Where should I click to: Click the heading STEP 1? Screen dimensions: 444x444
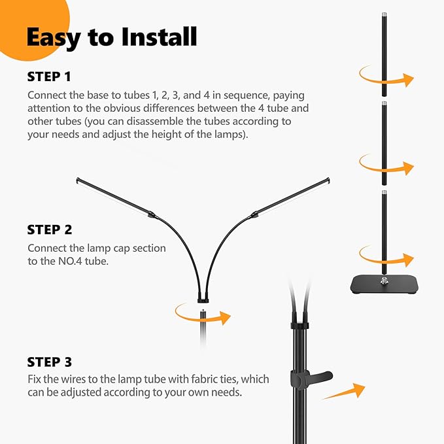[49, 77]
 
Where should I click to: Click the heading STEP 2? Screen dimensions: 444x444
[50, 230]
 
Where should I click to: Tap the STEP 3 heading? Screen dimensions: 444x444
[50, 362]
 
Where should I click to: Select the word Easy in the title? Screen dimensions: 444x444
[54, 38]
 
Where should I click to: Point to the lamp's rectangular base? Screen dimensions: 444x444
[384, 285]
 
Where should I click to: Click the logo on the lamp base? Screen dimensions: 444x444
[384, 281]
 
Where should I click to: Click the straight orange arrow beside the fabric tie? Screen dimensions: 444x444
[345, 392]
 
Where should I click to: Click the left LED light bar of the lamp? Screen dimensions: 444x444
[113, 197]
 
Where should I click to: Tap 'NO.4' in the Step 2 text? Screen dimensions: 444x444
[70, 261]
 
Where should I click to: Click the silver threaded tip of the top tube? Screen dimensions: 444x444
[384, 15]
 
